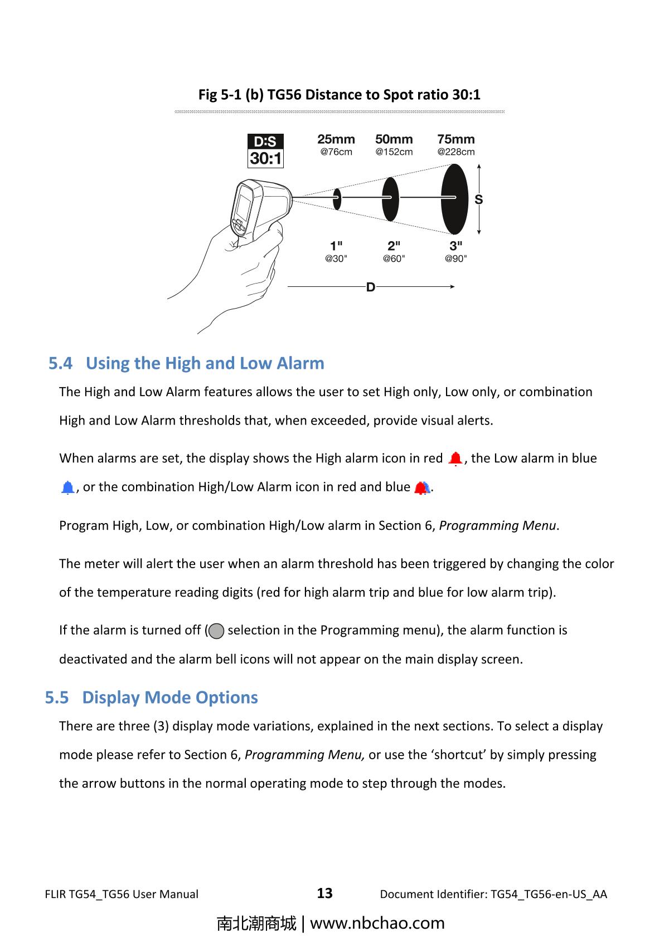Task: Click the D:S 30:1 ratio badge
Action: click(x=265, y=150)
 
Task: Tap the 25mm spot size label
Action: click(x=336, y=139)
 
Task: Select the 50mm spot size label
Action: click(x=394, y=139)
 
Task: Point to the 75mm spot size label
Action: click(x=456, y=139)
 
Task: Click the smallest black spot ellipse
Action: click(x=337, y=199)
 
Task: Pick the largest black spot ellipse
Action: click(x=454, y=199)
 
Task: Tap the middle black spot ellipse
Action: click(x=390, y=199)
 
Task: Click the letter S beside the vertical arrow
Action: click(x=478, y=199)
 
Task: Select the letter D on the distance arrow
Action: click(x=370, y=287)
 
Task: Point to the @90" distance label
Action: click(x=455, y=258)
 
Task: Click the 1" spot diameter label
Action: click(x=336, y=246)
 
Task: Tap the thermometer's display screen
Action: click(x=244, y=207)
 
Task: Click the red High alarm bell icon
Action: click(x=455, y=459)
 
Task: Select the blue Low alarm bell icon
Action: click(x=67, y=488)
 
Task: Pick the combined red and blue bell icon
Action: click(x=421, y=488)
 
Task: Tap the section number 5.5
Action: click(x=57, y=697)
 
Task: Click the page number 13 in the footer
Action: click(x=324, y=894)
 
